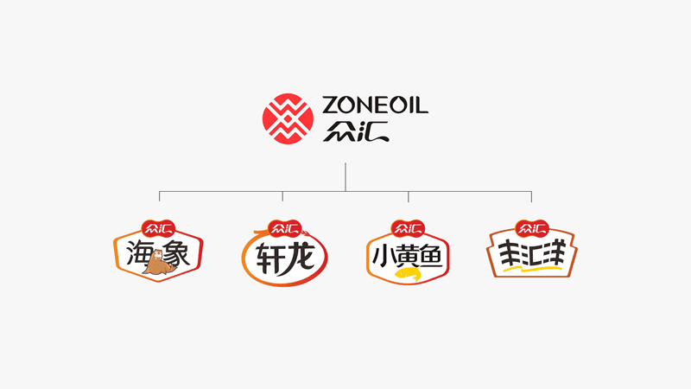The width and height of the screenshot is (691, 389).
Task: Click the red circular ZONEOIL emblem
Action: click(x=288, y=118)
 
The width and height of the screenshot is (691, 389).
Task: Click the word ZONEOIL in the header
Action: click(x=375, y=105)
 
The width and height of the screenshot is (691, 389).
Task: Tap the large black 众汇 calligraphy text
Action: click(x=356, y=131)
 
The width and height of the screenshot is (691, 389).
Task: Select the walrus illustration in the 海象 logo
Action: click(x=158, y=263)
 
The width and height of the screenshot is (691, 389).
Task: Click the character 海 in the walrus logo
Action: click(x=141, y=253)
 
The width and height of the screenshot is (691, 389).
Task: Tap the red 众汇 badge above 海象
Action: click(x=158, y=228)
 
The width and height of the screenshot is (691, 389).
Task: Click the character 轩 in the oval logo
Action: click(x=269, y=258)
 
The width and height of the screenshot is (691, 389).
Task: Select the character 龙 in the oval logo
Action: click(x=300, y=258)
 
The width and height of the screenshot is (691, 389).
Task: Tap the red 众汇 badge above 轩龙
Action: click(x=285, y=228)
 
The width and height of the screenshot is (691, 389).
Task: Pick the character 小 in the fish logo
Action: click(x=382, y=256)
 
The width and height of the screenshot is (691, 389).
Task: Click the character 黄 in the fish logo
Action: click(x=407, y=256)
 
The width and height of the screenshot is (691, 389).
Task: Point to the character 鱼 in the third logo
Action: click(x=432, y=255)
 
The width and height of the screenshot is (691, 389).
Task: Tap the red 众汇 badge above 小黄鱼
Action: click(x=408, y=228)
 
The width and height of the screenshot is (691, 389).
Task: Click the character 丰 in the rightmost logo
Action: click(x=510, y=254)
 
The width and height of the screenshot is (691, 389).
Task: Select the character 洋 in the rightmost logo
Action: click(x=554, y=252)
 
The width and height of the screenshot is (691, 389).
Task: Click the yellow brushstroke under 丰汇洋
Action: click(x=532, y=268)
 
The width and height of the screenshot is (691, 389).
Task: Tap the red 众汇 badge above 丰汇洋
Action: click(x=532, y=228)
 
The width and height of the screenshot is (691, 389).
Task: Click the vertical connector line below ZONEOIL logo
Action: click(x=345, y=177)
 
